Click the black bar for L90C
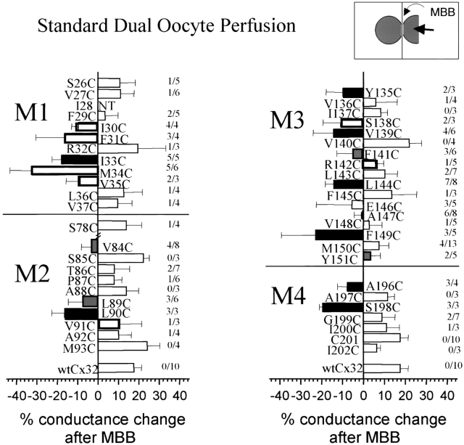(x=81, y=313)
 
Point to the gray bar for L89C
(x=91, y=301)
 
